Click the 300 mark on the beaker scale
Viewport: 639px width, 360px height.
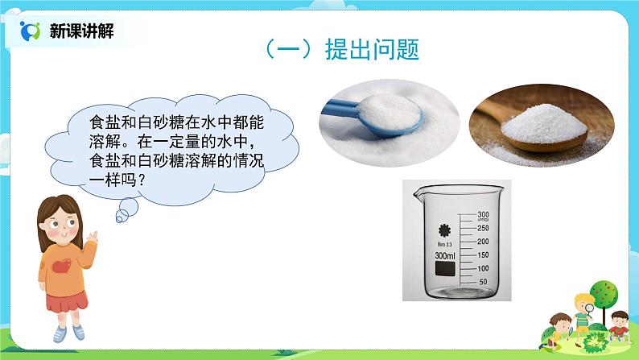pyautogui.click(x=484, y=214)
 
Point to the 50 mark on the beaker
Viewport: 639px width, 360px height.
pyautogui.click(x=484, y=281)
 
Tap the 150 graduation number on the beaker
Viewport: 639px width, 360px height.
pyautogui.click(x=484, y=254)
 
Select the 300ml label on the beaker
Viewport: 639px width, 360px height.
pyautogui.click(x=445, y=255)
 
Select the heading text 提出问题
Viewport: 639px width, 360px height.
pyautogui.click(x=372, y=50)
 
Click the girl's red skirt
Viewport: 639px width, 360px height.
pyautogui.click(x=66, y=301)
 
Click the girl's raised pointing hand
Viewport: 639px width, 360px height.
pyautogui.click(x=93, y=235)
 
